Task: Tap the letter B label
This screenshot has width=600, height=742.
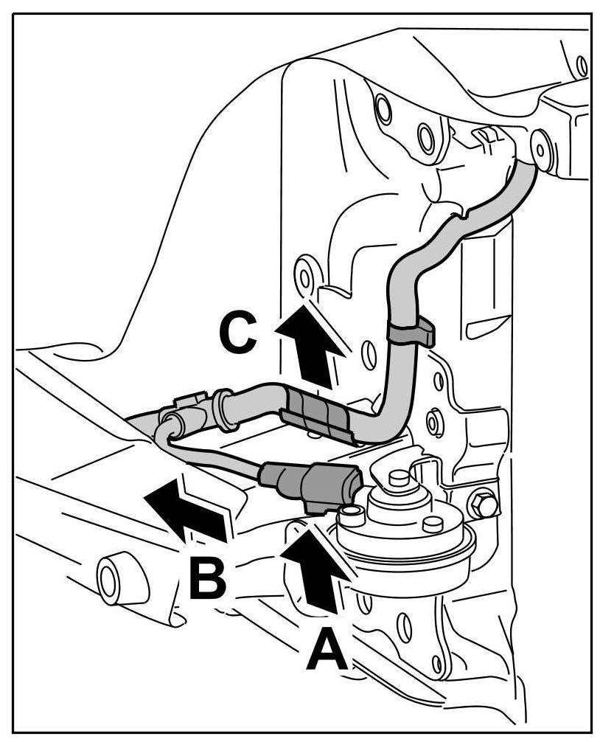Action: pyautogui.click(x=207, y=578)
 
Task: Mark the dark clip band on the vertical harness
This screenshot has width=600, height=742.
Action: pyautogui.click(x=409, y=331)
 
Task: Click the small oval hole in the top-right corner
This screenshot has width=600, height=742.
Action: pyautogui.click(x=582, y=66)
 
